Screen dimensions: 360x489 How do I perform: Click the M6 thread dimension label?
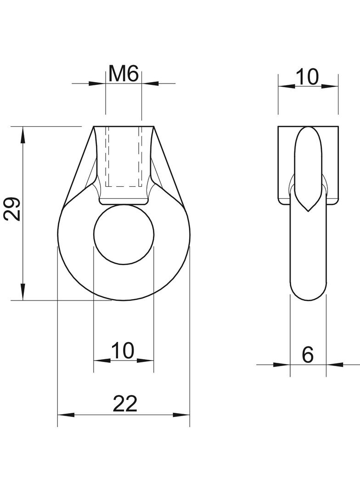tap(124, 74)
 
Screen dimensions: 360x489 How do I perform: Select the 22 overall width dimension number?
tap(125, 404)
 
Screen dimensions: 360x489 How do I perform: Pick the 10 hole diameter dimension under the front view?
tap(123, 350)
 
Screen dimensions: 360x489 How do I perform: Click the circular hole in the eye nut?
tap(124, 234)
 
